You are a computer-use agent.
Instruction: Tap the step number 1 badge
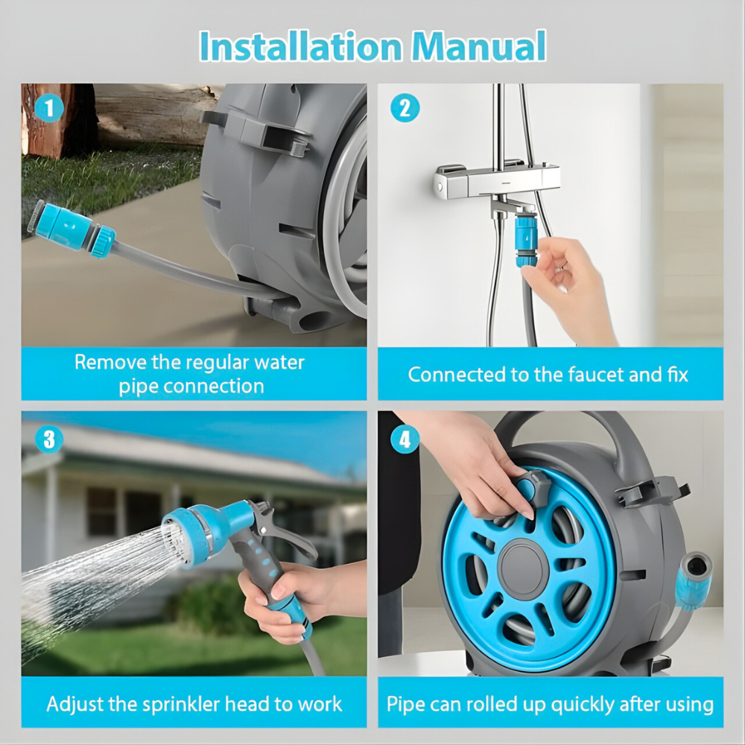pyautogui.click(x=49, y=109)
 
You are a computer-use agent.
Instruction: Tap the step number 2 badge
pyautogui.click(x=405, y=109)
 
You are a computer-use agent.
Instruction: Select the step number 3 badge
pyautogui.click(x=49, y=439)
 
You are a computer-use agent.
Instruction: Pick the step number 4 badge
pyautogui.click(x=405, y=439)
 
